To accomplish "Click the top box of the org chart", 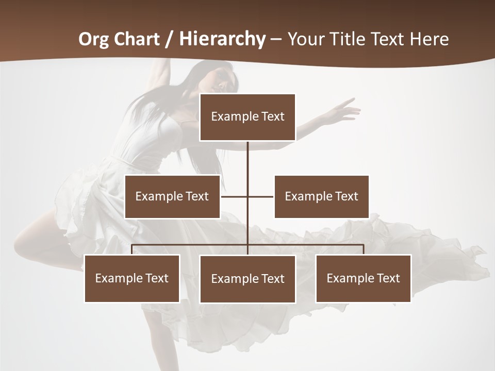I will pyautogui.click(x=247, y=117).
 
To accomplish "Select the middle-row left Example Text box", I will pyautogui.click(x=172, y=196).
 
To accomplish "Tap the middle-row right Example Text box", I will pyautogui.click(x=321, y=196).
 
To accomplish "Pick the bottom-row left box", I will pyautogui.click(x=132, y=278).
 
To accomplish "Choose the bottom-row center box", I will pyautogui.click(x=247, y=279).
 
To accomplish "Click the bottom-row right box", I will pyautogui.click(x=363, y=278).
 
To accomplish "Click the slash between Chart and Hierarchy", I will pyautogui.click(x=168, y=39).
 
